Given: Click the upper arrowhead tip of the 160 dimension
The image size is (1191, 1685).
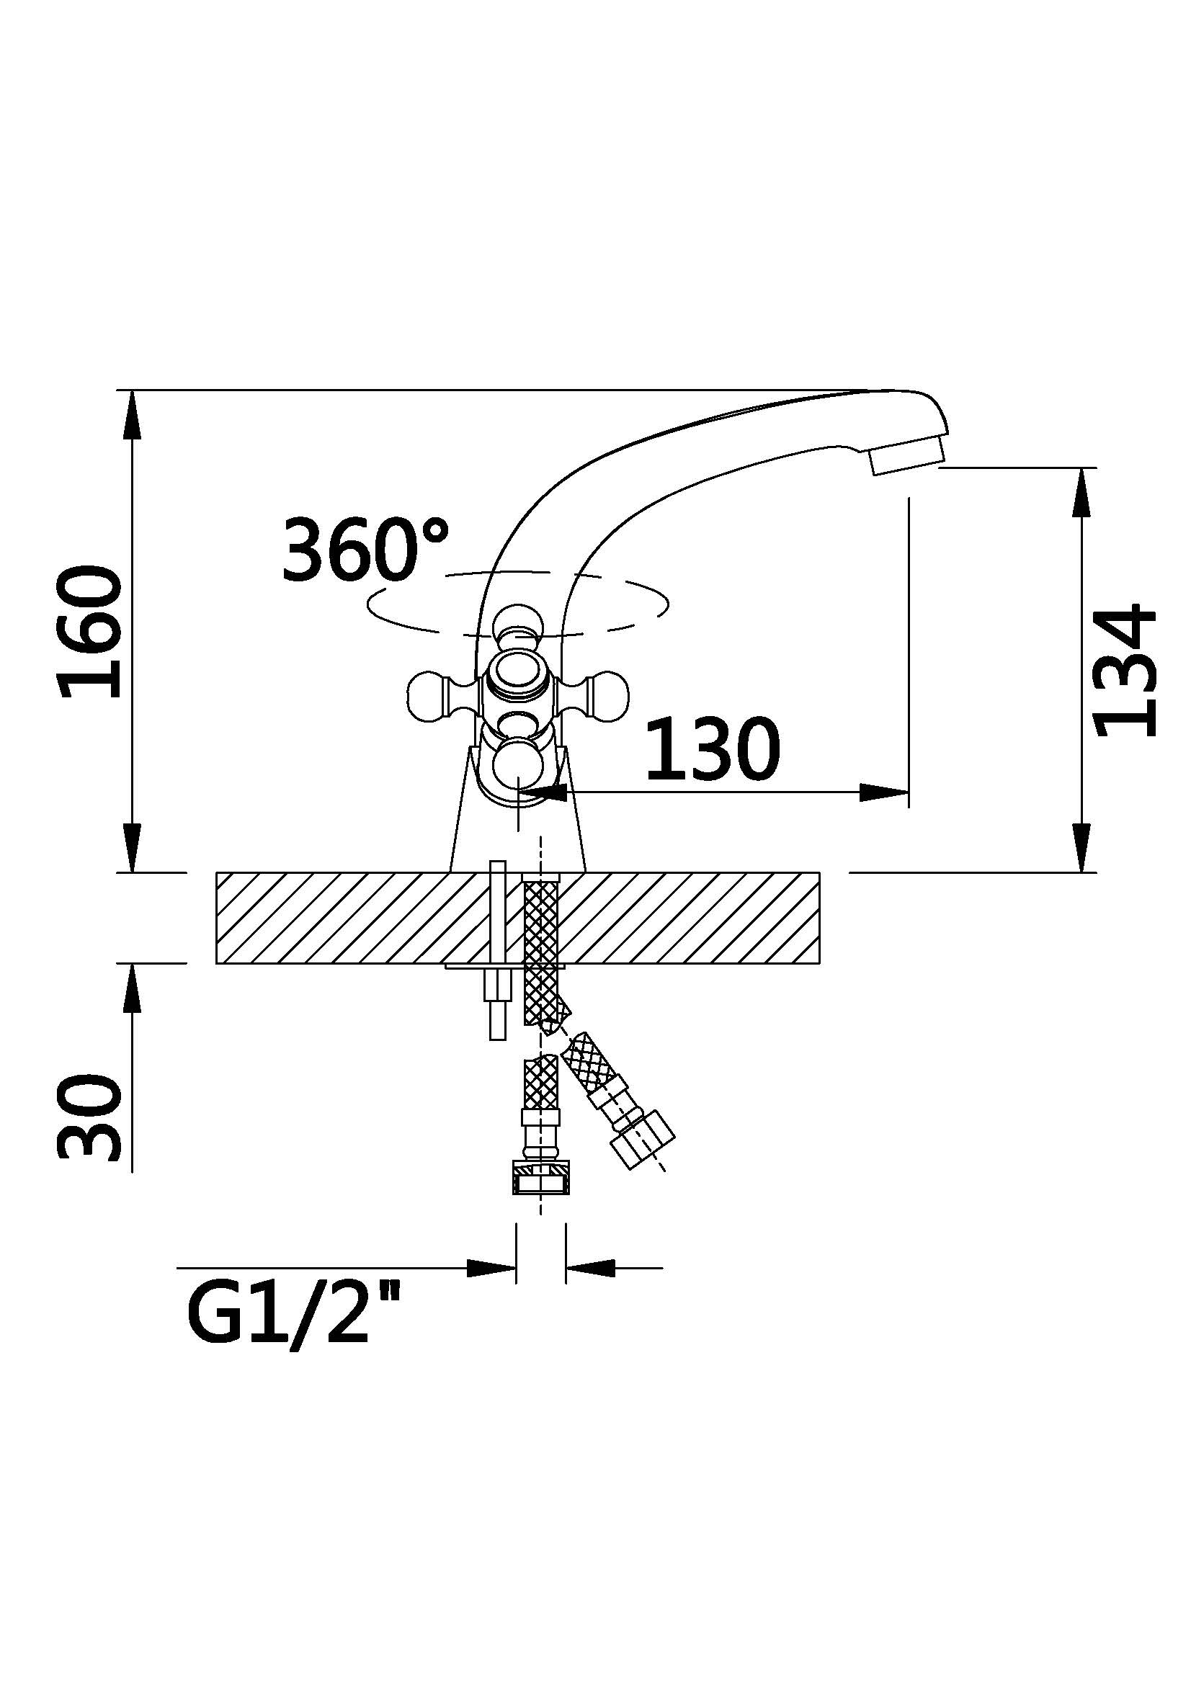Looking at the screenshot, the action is point(132,390).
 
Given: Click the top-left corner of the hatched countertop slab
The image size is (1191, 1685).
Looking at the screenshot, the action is point(216,872).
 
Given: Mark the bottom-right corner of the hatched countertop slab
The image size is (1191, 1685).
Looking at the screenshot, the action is point(820,963).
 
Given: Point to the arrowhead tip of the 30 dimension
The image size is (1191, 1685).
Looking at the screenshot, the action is point(132,964).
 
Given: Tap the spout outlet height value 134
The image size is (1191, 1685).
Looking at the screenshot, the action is point(1125,670).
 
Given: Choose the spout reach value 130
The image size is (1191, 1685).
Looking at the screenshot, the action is point(713,749).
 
